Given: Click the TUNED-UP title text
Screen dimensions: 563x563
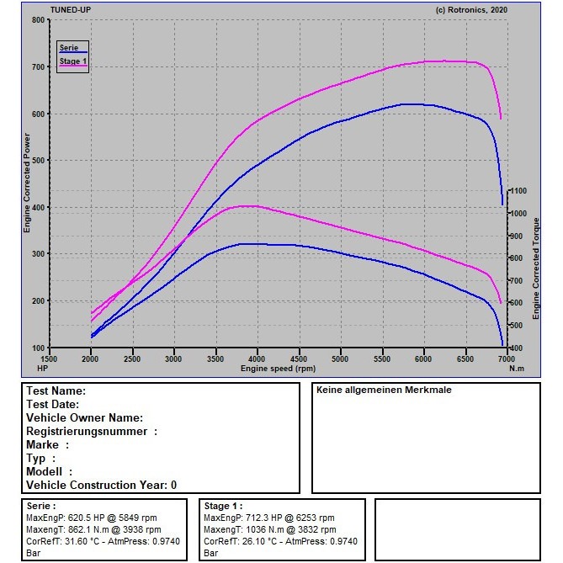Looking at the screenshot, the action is point(71,10).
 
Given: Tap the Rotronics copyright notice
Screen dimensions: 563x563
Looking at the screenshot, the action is point(471,10).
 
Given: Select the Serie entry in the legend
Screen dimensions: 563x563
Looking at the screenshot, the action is point(69,48).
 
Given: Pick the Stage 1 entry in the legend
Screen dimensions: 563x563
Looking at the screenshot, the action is point(73,61).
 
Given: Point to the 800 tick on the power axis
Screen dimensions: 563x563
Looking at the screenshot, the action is point(39,20).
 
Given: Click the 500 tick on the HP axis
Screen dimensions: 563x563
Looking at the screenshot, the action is point(39,161).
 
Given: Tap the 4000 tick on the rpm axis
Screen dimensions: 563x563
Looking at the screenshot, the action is point(257,359).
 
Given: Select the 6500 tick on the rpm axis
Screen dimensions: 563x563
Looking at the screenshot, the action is point(465,359).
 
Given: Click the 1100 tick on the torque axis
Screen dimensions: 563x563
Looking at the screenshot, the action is point(518,191).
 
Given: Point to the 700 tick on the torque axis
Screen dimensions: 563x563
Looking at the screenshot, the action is point(516,280).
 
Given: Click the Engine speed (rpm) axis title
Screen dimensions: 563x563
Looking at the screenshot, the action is point(279,369).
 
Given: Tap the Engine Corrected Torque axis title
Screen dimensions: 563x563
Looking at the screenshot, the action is point(536,268).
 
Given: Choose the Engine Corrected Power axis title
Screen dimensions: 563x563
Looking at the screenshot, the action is point(27,183).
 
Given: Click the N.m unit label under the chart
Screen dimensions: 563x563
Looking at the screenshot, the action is point(517,369).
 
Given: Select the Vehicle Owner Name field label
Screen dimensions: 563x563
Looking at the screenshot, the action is point(85,418).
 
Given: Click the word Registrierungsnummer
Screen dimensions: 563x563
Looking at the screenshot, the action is point(87,431).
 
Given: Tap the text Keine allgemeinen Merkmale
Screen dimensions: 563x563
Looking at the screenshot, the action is point(384,390).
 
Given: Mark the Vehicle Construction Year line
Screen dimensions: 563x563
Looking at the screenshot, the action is point(102,485).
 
